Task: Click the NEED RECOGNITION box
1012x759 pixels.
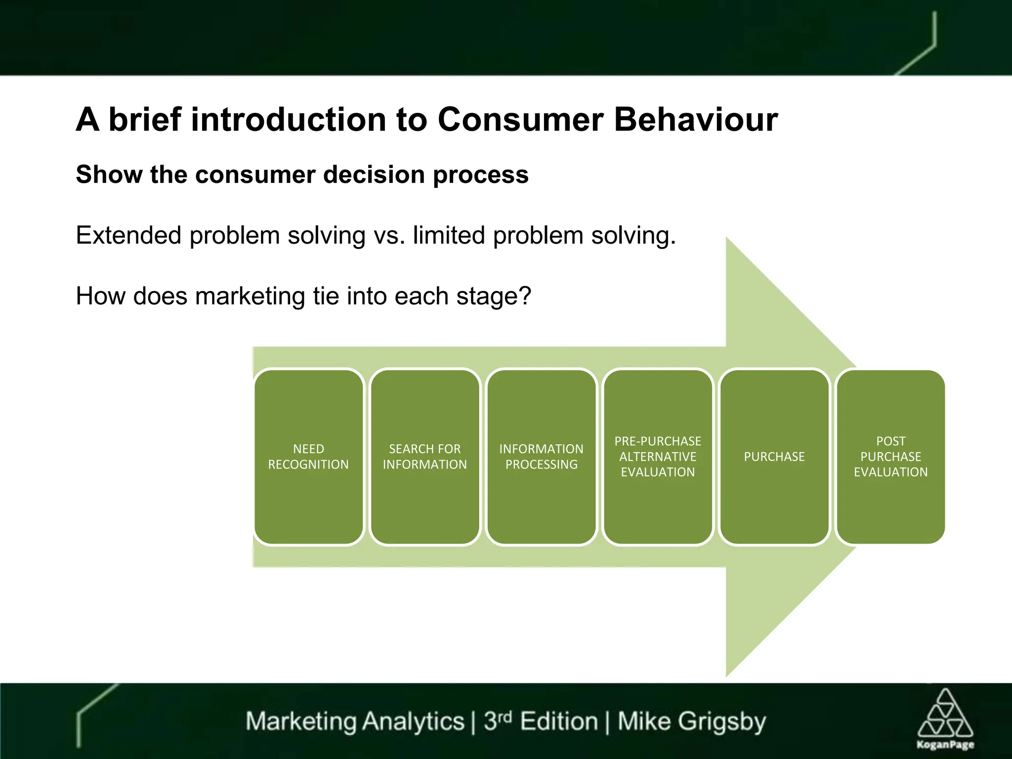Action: coord(308,457)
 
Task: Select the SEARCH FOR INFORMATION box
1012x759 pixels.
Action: coord(425,457)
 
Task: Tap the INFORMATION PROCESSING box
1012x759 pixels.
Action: coord(542,457)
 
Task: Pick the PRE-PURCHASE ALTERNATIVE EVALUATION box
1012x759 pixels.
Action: coord(658,457)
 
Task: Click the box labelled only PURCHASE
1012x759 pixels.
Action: coord(774,457)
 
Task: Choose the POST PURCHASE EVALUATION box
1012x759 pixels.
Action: coord(890,457)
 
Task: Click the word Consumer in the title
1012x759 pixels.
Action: coord(520,120)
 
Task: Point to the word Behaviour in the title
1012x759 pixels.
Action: coord(696,120)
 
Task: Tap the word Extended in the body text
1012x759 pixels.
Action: coord(128,235)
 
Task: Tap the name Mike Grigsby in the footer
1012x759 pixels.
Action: coord(692,721)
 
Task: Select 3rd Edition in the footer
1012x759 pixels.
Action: coord(541,721)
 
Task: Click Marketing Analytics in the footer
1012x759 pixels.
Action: coord(355,721)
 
